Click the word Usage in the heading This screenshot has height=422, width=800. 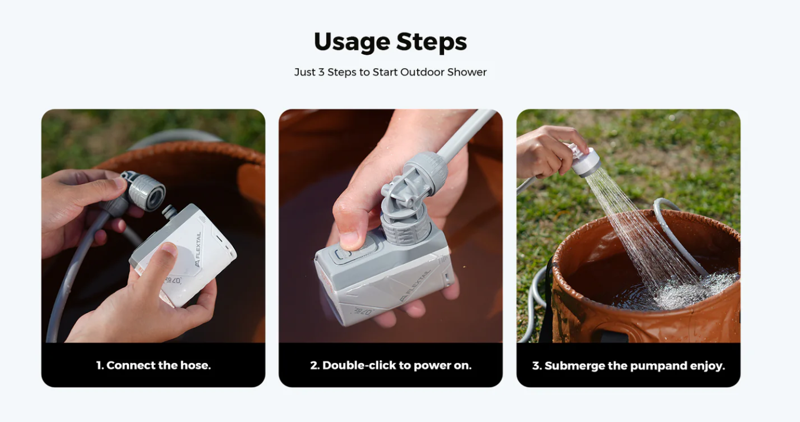tap(352, 42)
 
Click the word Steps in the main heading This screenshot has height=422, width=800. tap(431, 42)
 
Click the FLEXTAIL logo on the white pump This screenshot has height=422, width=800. tap(198, 249)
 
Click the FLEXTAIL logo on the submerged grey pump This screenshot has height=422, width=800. tap(415, 286)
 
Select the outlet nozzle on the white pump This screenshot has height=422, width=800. tap(169, 212)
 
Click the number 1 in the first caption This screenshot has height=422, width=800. tap(99, 365)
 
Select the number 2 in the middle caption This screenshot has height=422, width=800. tap(314, 365)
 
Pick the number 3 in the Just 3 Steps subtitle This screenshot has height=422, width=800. tap(321, 72)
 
